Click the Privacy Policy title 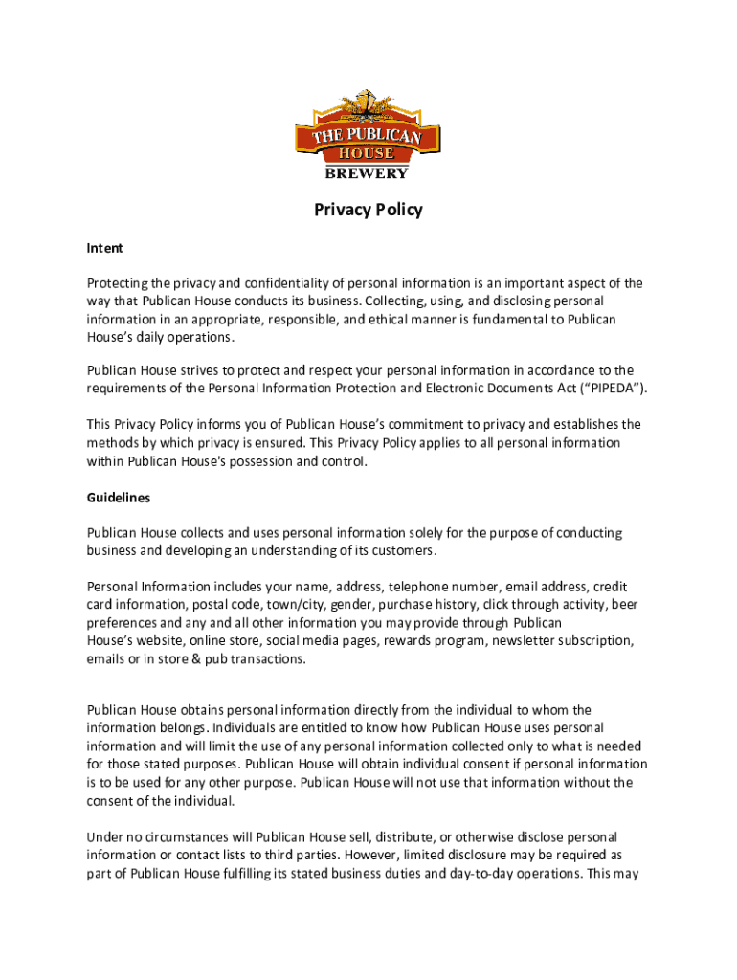[368, 210]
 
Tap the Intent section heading [105, 248]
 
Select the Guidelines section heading [119, 498]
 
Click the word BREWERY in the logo [368, 173]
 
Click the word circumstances [186, 837]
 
